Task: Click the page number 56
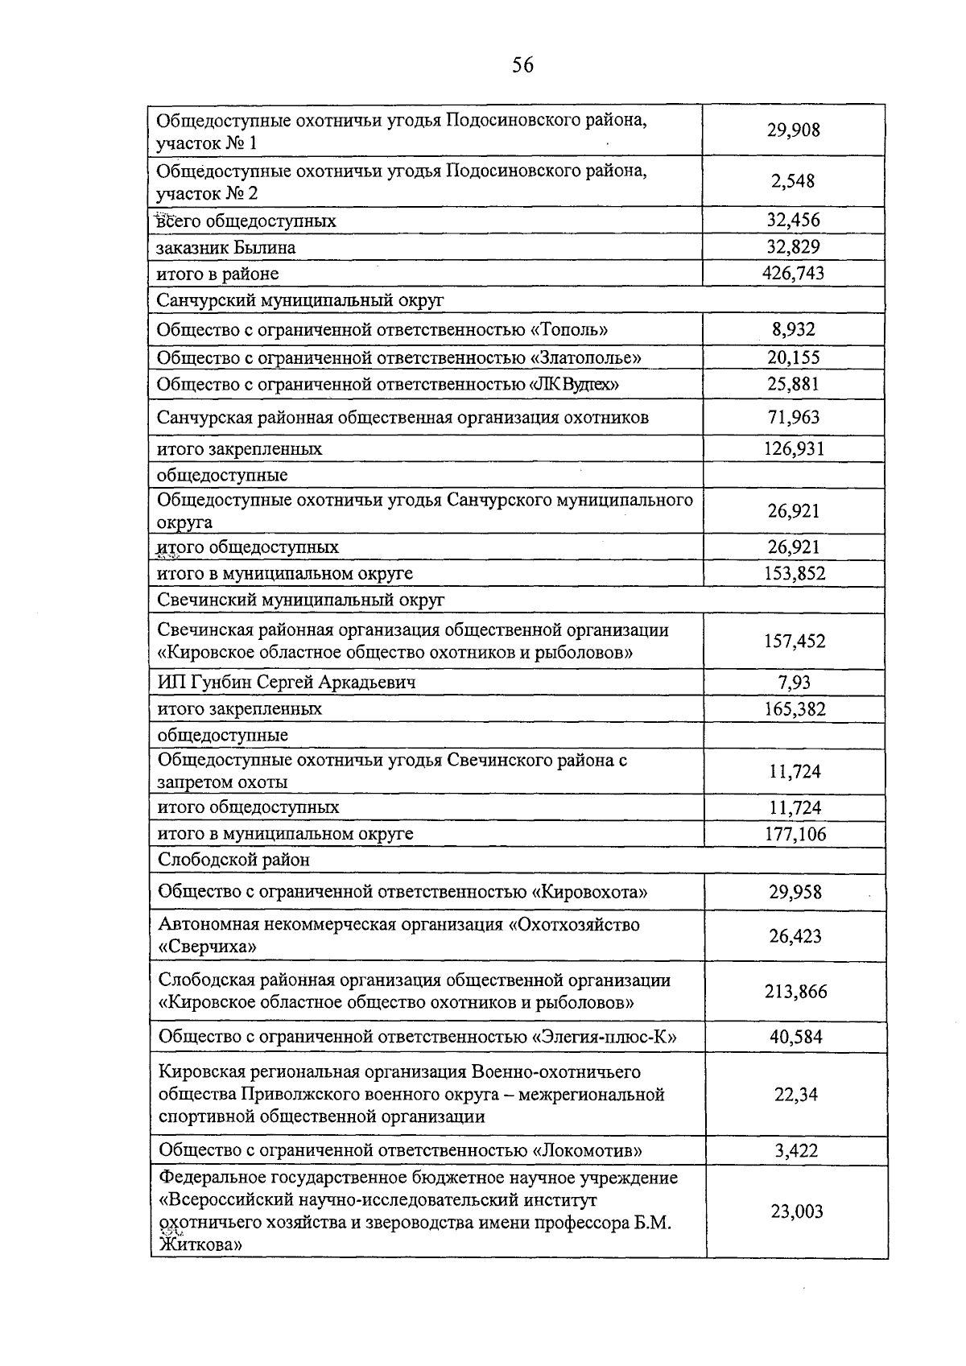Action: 522,66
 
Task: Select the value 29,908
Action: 793,130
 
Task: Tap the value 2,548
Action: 793,181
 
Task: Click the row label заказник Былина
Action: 226,247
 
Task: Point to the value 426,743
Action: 793,274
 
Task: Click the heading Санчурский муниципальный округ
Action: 300,300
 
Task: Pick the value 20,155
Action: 793,357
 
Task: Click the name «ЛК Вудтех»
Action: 573,384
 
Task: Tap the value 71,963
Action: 793,417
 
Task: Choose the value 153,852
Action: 794,573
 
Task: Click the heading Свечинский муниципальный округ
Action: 300,600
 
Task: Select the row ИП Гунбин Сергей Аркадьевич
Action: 287,683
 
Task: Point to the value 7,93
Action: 794,683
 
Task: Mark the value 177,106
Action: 795,834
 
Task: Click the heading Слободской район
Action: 234,860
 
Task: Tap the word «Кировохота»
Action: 590,892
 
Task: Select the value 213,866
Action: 795,992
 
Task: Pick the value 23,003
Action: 797,1211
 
